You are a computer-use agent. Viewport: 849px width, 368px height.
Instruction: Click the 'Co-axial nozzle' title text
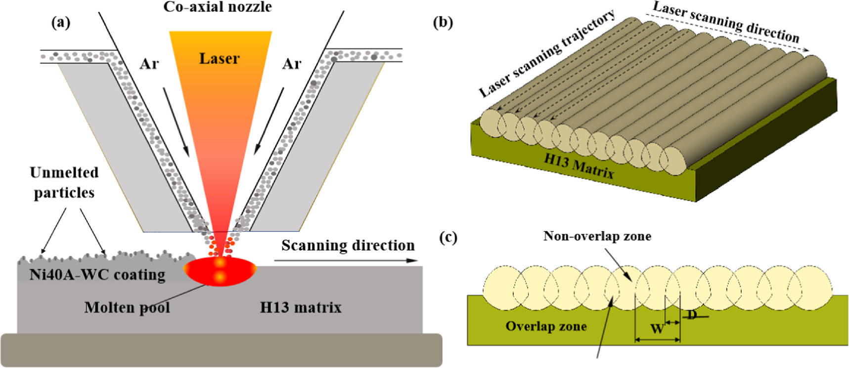click(218, 7)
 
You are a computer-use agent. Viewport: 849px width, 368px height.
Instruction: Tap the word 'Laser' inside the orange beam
click(219, 59)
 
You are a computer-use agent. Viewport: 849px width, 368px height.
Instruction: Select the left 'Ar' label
click(149, 64)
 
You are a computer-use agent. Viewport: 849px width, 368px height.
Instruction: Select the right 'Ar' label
click(292, 64)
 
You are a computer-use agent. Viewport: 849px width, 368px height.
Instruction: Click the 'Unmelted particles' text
click(64, 182)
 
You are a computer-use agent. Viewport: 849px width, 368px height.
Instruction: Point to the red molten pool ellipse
click(220, 271)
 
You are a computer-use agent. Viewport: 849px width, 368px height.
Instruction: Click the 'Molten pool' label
click(127, 307)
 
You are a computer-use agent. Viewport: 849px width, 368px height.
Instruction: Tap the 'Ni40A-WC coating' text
click(97, 275)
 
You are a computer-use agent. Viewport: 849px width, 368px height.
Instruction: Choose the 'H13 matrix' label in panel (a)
click(301, 307)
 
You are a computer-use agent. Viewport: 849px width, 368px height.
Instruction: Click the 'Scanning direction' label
click(348, 245)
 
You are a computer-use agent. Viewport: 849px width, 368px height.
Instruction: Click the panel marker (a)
click(61, 22)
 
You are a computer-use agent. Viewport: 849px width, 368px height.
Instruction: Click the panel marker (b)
click(443, 22)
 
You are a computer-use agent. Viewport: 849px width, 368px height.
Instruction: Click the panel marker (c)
click(448, 238)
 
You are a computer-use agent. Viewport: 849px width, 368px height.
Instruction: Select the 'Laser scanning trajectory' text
click(547, 53)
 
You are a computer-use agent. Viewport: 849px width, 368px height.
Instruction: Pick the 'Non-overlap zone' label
click(597, 236)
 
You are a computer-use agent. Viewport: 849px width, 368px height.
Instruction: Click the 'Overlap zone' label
click(546, 326)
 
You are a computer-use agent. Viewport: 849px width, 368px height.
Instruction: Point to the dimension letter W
click(657, 328)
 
